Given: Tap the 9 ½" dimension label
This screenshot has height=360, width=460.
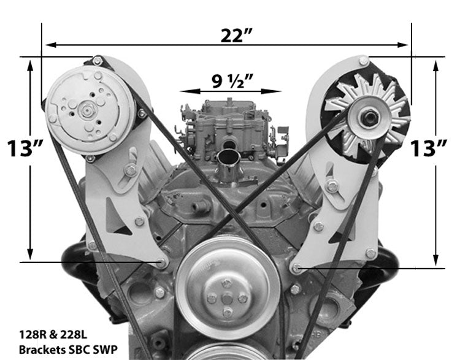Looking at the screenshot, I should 232,80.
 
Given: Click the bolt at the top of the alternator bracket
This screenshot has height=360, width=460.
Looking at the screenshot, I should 364,61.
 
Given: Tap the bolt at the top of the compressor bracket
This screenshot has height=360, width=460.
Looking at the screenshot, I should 97,61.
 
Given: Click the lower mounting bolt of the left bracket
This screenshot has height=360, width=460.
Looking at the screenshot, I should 161,263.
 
